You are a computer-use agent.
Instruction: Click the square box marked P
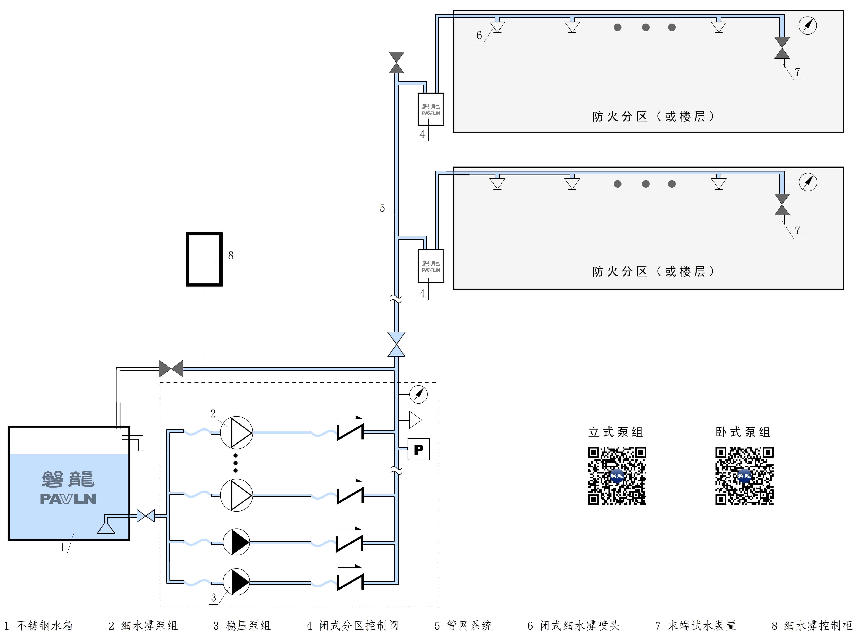[x=418, y=449]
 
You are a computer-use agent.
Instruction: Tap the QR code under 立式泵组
[x=617, y=476]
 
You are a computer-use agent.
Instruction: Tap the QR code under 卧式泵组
[x=744, y=476]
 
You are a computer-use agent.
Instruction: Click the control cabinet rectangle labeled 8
[x=204, y=259]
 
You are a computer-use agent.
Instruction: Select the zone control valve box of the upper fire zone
[x=431, y=109]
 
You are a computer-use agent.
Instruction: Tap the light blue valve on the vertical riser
[x=396, y=344]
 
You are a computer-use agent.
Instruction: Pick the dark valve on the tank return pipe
[x=171, y=368]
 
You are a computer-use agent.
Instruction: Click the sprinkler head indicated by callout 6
[x=497, y=26]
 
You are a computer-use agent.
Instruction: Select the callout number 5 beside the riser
[x=382, y=208]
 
